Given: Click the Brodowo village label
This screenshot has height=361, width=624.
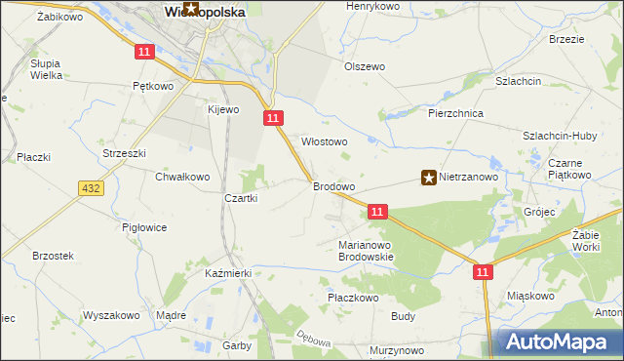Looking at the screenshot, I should tap(332, 185).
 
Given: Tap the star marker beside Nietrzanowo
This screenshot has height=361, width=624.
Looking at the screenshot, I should tap(428, 178).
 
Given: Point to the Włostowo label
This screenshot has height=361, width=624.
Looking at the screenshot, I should tap(324, 141).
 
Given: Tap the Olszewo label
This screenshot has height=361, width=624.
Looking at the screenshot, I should tap(365, 66).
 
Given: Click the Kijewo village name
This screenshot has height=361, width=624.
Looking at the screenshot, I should tap(222, 109).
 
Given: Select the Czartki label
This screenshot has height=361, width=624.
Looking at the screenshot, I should tap(241, 198).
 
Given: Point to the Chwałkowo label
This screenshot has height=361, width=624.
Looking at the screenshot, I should tap(182, 177).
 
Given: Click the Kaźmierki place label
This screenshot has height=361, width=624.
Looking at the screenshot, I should tap(228, 273).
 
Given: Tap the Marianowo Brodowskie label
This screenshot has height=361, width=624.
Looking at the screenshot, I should tap(365, 251).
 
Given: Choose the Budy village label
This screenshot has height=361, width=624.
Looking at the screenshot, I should tap(404, 316).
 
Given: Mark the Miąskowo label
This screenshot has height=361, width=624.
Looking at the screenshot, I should tap(530, 295).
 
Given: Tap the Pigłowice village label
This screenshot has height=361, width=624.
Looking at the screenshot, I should tap(144, 227).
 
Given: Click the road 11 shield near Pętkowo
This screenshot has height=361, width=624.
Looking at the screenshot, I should tap(144, 51).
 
